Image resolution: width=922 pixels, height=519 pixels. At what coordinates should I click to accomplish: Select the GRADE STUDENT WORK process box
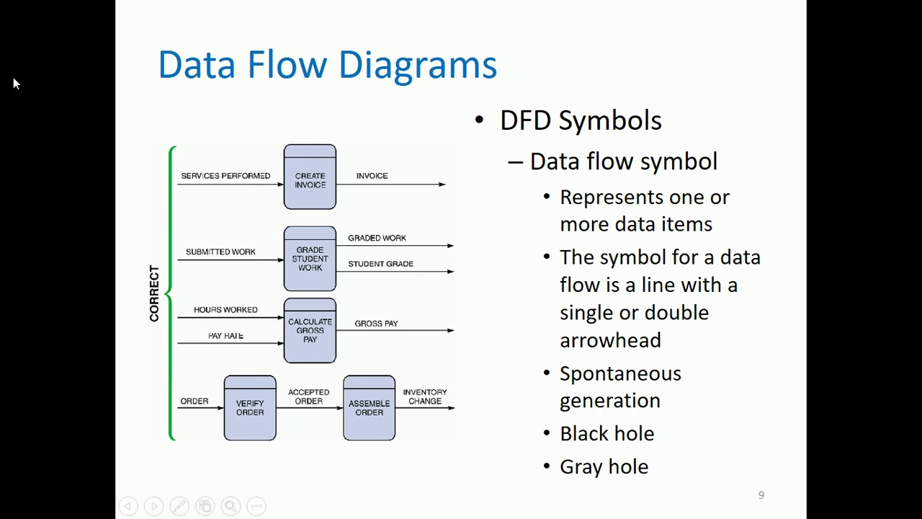point(310,259)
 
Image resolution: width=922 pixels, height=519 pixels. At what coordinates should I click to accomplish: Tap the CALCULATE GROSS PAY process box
point(310,330)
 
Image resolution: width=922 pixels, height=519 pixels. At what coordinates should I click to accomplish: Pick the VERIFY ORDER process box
point(250,408)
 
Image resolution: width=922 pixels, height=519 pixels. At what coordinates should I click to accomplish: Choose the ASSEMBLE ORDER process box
point(369,408)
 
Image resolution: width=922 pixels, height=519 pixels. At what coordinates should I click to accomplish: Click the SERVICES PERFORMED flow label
point(225,176)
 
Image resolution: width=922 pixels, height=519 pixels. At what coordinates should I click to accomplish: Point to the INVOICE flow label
point(372,176)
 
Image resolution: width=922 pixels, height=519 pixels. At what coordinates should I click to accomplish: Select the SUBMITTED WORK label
point(220,252)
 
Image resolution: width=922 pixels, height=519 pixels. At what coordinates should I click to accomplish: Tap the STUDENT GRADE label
point(380,264)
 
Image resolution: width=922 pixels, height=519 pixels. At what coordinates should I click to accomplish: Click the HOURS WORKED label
point(225,310)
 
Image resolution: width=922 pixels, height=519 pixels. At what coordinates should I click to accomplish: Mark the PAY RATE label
point(225,336)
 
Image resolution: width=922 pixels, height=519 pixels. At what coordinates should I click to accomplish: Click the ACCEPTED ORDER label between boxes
point(309,396)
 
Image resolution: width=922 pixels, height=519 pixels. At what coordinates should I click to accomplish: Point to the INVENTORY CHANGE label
point(425,396)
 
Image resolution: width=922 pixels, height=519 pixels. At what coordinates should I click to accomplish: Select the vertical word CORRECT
point(154,293)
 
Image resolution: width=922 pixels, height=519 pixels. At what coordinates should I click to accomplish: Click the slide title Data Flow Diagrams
point(327,65)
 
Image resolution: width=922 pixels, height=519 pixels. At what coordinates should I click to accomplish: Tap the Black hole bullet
point(607,433)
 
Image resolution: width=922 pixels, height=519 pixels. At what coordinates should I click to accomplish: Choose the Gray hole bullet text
point(604,466)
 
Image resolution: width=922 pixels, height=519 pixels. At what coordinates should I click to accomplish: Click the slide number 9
point(761,495)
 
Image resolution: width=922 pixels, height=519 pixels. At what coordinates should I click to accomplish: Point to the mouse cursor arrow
point(16,83)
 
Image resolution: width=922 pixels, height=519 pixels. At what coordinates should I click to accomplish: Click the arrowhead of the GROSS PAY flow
point(450,331)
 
